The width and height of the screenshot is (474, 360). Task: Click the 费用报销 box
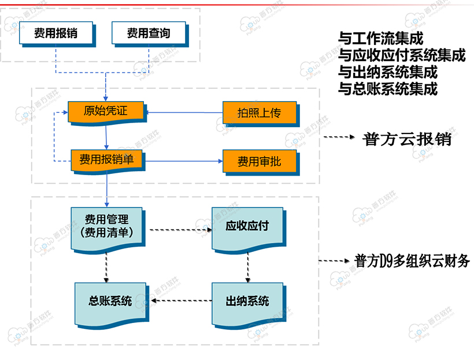click(55, 34)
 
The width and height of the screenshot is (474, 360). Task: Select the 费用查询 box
click(149, 34)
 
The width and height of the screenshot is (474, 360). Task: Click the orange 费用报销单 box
click(106, 159)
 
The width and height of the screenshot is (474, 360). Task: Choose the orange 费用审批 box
click(259, 161)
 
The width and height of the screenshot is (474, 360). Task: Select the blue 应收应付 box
click(247, 227)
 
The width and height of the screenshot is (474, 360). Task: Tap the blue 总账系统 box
click(110, 301)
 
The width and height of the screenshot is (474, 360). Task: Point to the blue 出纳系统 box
click(247, 301)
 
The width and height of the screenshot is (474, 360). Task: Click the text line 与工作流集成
click(380, 39)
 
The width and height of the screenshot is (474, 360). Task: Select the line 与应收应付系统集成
click(402, 55)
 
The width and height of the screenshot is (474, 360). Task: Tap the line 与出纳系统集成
click(387, 73)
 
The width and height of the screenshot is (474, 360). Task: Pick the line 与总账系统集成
click(387, 89)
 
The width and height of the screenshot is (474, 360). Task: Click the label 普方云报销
click(407, 139)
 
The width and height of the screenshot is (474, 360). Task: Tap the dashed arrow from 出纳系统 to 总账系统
click(181, 300)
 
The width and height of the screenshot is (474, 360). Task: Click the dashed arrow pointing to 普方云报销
click(338, 138)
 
